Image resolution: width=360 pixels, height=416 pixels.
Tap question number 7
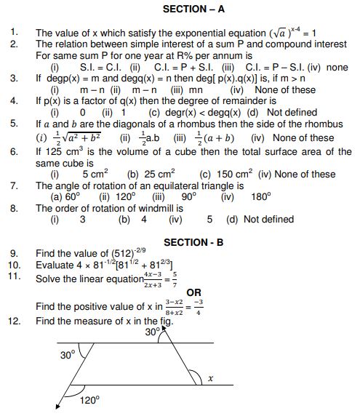14,186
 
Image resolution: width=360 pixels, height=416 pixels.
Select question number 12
14,320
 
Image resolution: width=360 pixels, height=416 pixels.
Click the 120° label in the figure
89,401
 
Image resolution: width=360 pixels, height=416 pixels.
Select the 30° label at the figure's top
152,332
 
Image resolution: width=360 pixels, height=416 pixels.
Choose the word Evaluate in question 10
56,265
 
